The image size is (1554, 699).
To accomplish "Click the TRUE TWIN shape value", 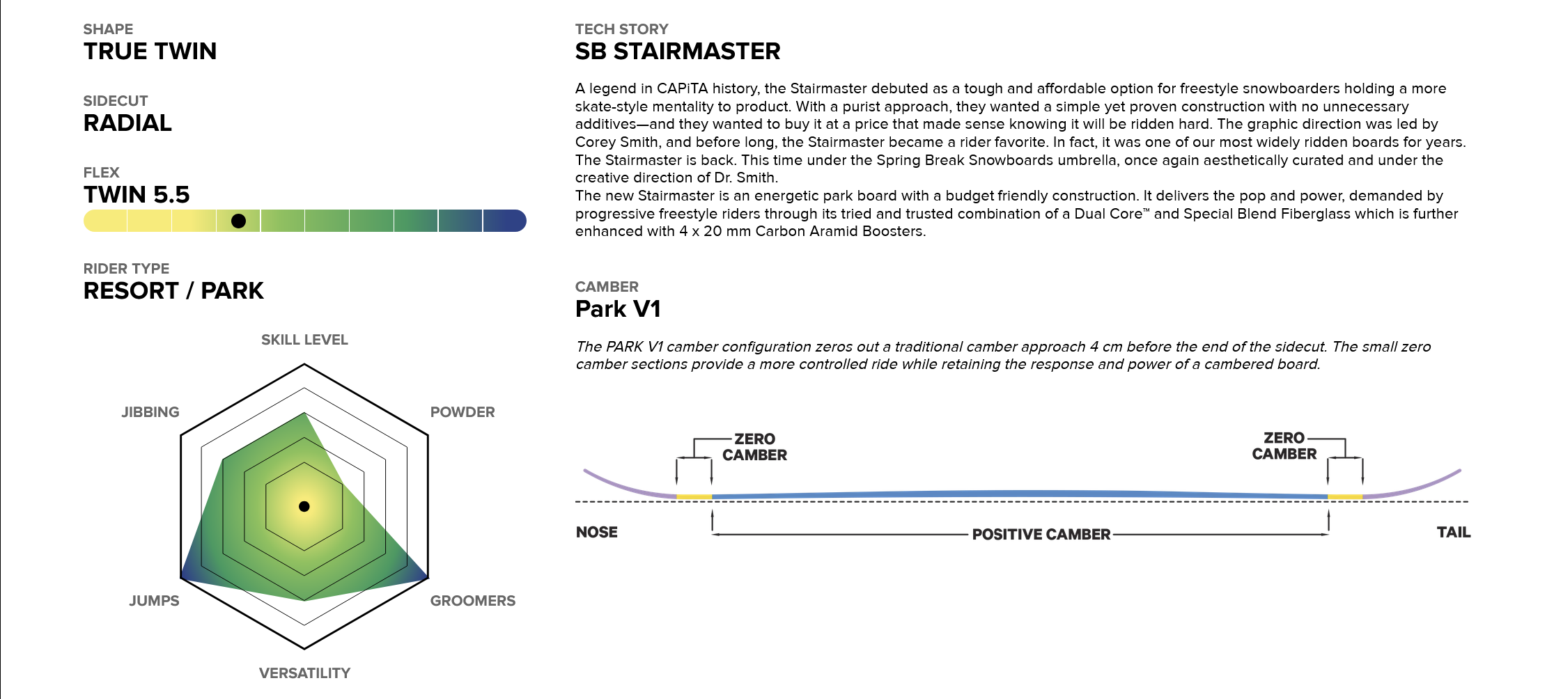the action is tap(150, 52).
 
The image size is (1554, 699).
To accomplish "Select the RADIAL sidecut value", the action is tap(127, 123).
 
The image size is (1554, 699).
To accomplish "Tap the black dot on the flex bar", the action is tap(238, 221).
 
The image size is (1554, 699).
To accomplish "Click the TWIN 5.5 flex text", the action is tap(137, 195).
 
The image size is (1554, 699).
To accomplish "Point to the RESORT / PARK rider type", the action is tap(173, 291).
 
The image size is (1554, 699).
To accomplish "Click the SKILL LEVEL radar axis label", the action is tap(304, 340).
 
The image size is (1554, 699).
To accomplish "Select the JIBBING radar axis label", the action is tap(150, 412).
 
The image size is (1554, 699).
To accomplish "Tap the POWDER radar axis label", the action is tap(463, 412).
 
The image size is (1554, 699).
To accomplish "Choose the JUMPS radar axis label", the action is tap(154, 601).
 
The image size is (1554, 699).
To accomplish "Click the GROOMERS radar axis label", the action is tap(473, 601).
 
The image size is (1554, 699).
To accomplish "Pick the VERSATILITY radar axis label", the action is tap(304, 673).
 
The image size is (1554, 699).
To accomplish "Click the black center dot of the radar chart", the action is tap(304, 506).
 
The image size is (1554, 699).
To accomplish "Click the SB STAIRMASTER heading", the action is tap(678, 52).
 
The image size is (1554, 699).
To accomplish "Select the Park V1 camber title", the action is tap(618, 309).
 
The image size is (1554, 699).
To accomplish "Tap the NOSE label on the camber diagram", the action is tap(597, 533).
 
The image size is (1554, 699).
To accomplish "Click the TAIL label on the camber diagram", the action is tap(1454, 533).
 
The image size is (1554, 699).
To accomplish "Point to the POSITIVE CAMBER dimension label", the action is tap(1041, 535).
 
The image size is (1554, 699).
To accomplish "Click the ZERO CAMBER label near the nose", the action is tap(755, 447).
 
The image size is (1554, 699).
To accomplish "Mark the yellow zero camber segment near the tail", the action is tap(1345, 497).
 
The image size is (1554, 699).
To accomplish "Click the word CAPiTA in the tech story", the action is tap(682, 88).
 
